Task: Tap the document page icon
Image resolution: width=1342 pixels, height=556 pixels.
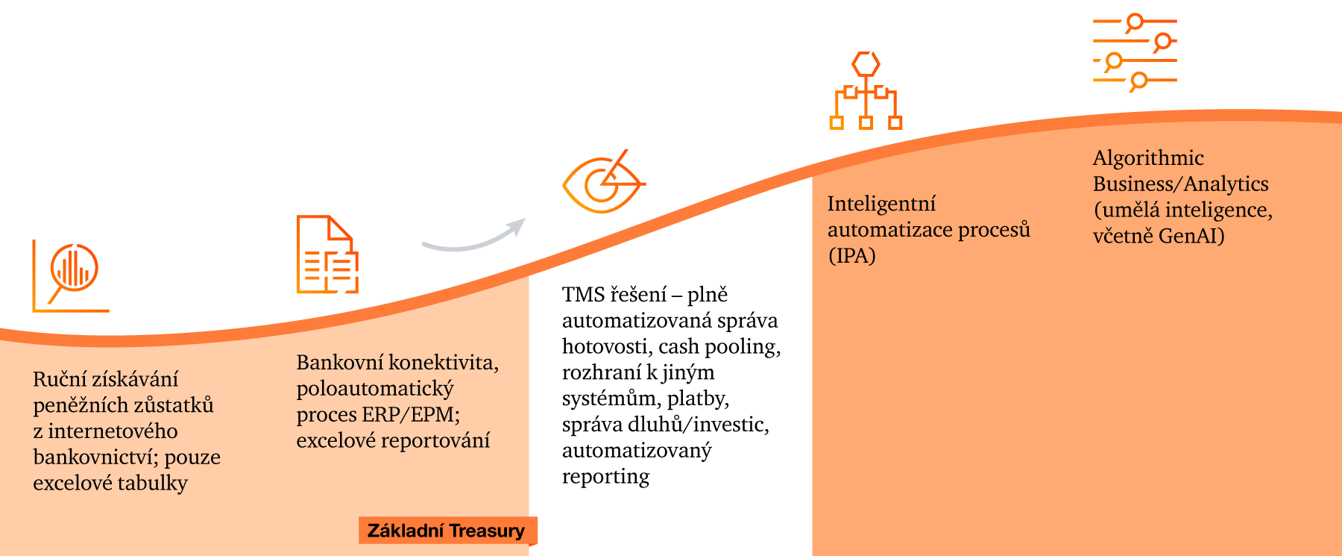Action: point(327,254)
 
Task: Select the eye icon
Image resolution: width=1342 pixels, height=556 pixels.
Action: point(603,183)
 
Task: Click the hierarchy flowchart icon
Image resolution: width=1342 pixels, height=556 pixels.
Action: point(866,91)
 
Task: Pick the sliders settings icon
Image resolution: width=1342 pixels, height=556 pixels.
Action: point(1134,52)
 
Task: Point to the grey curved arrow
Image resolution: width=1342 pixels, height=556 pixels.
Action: point(474,237)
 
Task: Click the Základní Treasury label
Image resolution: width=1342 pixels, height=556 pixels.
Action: point(447,531)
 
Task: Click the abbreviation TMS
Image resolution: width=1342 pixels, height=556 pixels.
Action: point(583,295)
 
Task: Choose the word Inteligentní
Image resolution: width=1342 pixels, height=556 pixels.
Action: point(881,204)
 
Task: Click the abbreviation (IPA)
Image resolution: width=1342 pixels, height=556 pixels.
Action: point(851,256)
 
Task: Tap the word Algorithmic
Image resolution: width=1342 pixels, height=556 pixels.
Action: point(1148,158)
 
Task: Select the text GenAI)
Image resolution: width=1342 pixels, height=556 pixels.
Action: point(1191,237)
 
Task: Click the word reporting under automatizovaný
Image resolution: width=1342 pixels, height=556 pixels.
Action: point(605,476)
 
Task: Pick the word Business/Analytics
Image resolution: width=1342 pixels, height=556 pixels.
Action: point(1180,184)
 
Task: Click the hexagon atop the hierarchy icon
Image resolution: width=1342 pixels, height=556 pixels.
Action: point(866,64)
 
